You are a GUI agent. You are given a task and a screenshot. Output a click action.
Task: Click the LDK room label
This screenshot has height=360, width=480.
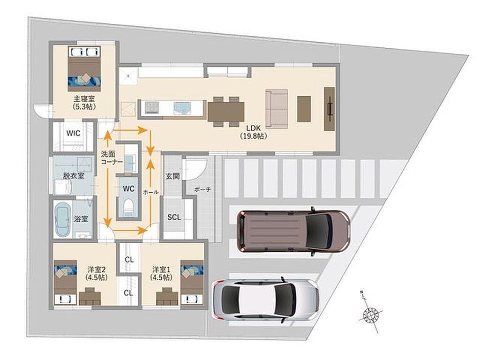point(254,128)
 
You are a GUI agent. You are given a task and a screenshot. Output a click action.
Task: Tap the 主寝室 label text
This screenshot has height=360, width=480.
point(83,99)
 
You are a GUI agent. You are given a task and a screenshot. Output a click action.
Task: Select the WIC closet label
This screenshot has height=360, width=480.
point(74,133)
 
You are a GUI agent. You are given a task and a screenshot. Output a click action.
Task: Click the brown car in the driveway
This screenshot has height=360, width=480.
point(293,231)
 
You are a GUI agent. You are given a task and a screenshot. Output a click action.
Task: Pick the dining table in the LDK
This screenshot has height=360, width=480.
point(226,112)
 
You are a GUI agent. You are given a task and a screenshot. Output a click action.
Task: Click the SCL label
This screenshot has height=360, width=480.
point(174,217)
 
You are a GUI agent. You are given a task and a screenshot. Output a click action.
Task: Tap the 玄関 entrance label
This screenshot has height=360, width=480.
point(172,176)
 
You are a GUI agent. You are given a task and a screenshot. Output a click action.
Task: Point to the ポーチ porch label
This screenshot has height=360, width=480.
point(202,190)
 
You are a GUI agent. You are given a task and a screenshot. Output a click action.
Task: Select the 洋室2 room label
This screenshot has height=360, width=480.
point(97,270)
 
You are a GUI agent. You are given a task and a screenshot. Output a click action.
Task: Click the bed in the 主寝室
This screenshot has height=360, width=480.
point(84,69)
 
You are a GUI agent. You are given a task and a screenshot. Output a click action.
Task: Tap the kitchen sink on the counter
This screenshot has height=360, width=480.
point(182,108)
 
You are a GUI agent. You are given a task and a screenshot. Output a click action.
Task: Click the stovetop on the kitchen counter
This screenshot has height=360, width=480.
point(151,108)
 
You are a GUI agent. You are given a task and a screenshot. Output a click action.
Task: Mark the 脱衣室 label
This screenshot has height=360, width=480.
point(74,176)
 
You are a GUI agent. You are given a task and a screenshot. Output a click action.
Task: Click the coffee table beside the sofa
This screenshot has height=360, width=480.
point(304,109)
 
